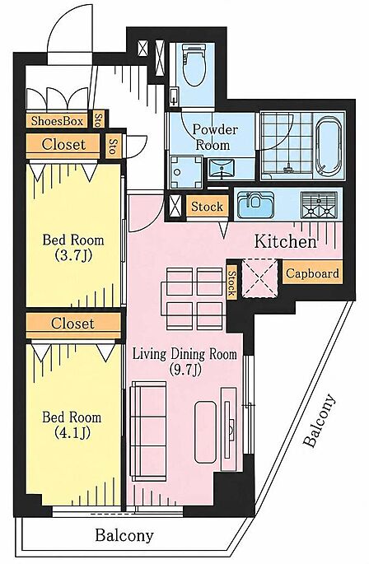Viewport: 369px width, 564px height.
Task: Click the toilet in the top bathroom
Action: coord(194,65)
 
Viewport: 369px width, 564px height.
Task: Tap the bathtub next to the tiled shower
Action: coord(329,146)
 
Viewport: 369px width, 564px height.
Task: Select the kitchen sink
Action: coord(255,204)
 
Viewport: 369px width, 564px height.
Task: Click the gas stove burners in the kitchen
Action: coord(320,205)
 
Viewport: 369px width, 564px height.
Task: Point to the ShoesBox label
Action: coord(57,121)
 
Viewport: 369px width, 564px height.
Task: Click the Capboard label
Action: coord(312,273)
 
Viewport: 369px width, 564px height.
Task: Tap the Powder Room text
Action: coord(213,137)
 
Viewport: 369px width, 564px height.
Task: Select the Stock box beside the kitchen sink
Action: coord(207,207)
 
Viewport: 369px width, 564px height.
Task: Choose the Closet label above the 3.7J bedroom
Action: coord(63,145)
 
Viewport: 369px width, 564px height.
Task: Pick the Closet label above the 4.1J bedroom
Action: coord(72,323)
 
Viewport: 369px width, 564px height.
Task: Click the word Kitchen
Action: coord(286,241)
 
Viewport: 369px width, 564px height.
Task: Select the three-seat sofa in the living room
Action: coord(149,431)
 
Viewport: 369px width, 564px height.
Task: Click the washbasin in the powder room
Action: coord(221,168)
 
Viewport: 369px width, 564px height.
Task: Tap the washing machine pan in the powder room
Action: coord(186,172)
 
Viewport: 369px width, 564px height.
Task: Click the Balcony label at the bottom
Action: coord(124,535)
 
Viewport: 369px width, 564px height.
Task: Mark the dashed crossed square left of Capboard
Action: coord(260,278)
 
